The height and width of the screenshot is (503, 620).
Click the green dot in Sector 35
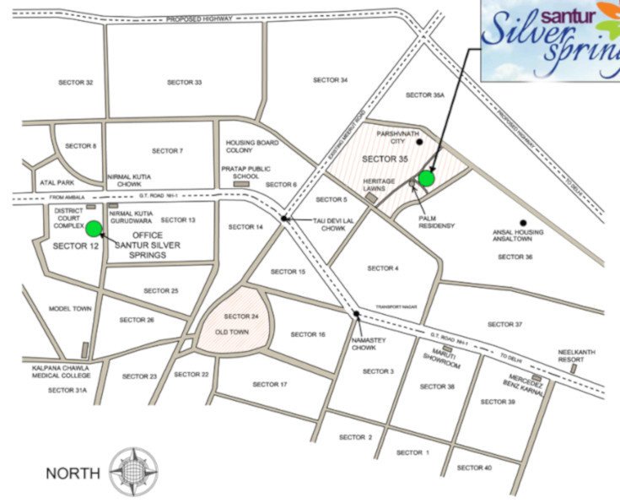coord(426,178)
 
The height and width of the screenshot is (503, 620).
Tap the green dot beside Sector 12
coord(93,228)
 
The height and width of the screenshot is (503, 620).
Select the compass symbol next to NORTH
coord(133,472)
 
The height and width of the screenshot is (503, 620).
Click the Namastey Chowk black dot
coord(358,315)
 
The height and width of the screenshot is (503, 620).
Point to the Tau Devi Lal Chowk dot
coord(286,219)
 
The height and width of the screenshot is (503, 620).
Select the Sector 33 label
coord(184,82)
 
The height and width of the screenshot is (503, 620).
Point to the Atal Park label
coord(55,182)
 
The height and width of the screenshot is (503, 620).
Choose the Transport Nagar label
coord(393,306)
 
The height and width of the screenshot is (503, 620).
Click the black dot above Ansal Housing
coord(524,223)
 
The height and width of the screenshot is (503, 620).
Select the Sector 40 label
coord(474,468)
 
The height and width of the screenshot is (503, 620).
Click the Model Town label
coord(70,309)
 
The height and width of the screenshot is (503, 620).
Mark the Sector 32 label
coord(76,82)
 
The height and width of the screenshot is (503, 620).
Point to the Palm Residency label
coord(436,222)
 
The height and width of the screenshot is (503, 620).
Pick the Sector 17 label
coord(270,385)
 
